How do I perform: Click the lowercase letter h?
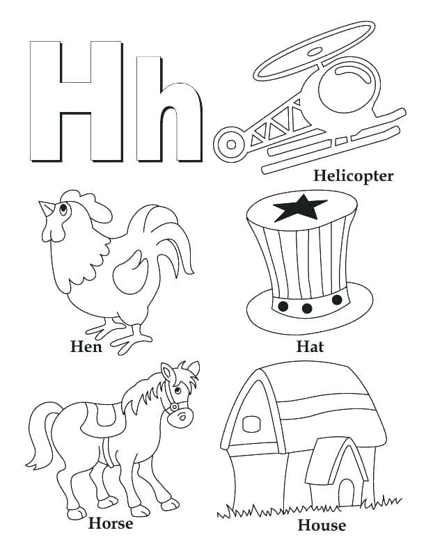(x=169, y=111)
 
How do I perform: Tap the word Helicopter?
(x=353, y=175)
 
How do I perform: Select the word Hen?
(x=86, y=346)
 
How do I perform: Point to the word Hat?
(x=310, y=346)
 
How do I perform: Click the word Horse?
(x=111, y=522)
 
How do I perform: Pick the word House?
(x=322, y=524)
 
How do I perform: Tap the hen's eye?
(x=64, y=207)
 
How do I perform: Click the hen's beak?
(x=45, y=207)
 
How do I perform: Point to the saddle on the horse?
(x=106, y=415)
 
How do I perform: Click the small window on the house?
(x=250, y=424)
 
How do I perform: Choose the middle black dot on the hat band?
(x=306, y=308)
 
